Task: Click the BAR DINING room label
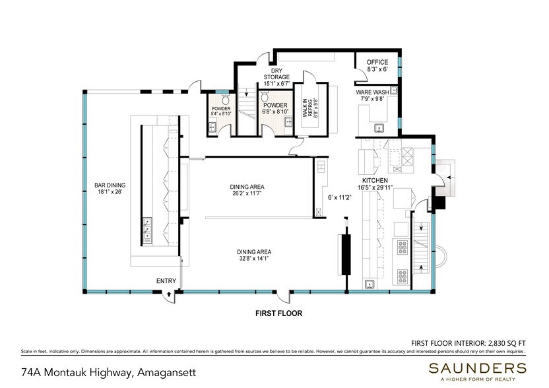[x=110, y=185]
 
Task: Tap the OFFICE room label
[x=377, y=62]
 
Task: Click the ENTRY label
[x=166, y=282]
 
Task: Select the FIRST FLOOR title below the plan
[x=279, y=314]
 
